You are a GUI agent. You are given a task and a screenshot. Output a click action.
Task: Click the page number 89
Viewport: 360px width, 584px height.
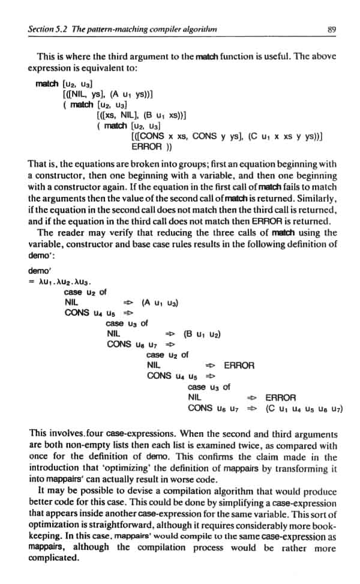(331, 28)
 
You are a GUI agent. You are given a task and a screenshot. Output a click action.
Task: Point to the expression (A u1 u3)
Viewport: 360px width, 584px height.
(160, 303)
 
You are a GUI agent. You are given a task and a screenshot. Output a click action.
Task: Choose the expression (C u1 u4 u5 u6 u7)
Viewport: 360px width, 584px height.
(304, 408)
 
